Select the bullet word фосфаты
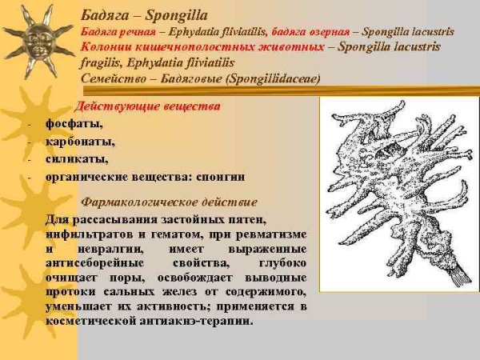[74, 124]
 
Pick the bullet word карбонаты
[80, 142]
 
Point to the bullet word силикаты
[77, 158]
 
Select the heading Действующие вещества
[147, 106]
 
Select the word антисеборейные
[94, 262]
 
